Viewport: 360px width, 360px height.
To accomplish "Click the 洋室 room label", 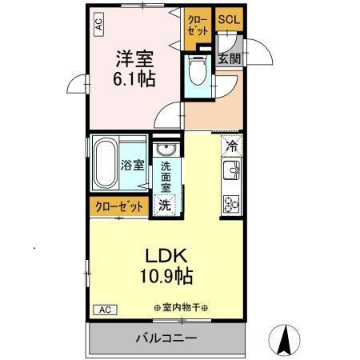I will click(134, 58).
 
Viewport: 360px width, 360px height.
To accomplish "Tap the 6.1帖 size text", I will click(134, 80).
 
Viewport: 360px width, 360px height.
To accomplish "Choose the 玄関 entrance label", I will click(228, 58).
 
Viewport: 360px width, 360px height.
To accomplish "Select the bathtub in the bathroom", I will click(106, 162).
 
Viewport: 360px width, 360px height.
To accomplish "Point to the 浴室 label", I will click(133, 166).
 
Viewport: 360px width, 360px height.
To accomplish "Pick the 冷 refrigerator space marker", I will click(231, 146).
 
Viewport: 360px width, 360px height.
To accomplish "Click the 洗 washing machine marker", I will click(164, 204).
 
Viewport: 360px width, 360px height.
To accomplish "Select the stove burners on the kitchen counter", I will click(231, 204).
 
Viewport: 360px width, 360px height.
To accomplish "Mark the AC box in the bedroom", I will click(99, 26).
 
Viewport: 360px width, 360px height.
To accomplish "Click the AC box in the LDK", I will click(105, 309).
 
